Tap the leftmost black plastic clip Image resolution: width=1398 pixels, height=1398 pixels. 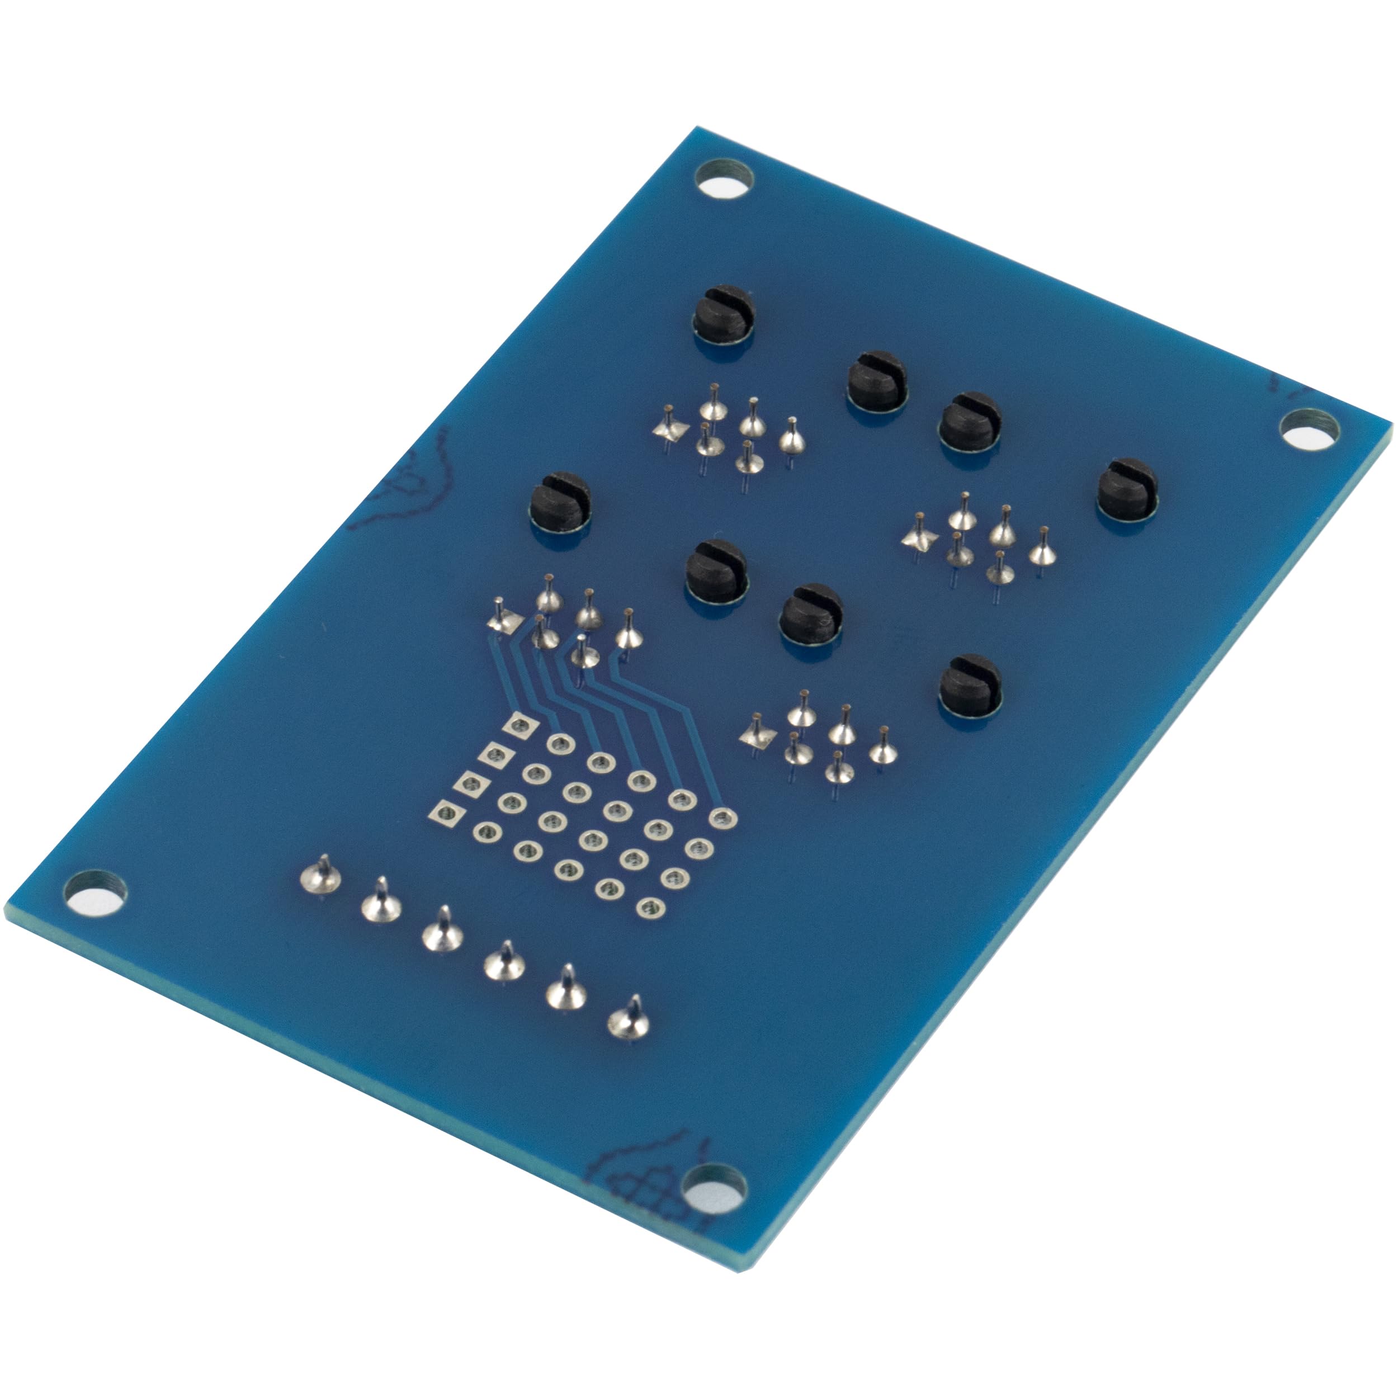[561, 502]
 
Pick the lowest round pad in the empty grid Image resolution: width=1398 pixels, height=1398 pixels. [648, 908]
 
